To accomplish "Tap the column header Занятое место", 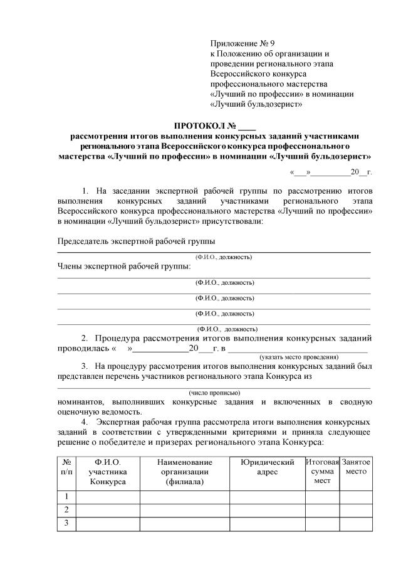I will click(x=356, y=467).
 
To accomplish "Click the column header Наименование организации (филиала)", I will click(x=185, y=472).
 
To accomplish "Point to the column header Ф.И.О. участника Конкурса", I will click(x=108, y=472).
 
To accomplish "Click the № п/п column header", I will click(x=66, y=467).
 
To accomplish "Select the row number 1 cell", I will click(x=66, y=497).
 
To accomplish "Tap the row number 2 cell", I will click(x=66, y=510).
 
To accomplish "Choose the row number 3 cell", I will click(x=66, y=523).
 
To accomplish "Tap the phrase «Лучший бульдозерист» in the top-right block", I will click(x=257, y=103).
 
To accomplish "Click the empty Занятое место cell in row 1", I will click(x=356, y=497).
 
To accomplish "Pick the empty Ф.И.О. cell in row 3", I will click(x=108, y=523).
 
